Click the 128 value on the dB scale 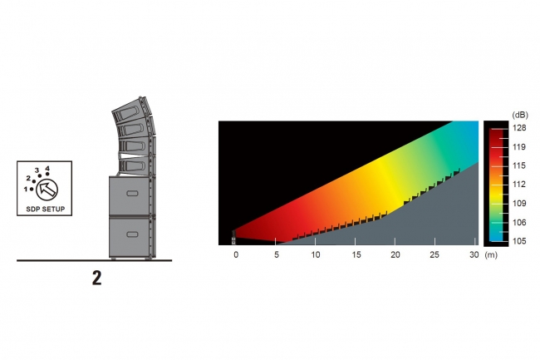point(519,128)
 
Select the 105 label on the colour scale point(519,241)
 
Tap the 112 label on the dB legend point(519,185)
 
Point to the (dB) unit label point(520,115)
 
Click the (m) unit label point(491,255)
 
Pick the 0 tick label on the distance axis point(236,254)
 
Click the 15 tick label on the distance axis point(356,254)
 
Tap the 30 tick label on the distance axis point(474,254)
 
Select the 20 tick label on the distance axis point(395,254)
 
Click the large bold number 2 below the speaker point(96,278)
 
